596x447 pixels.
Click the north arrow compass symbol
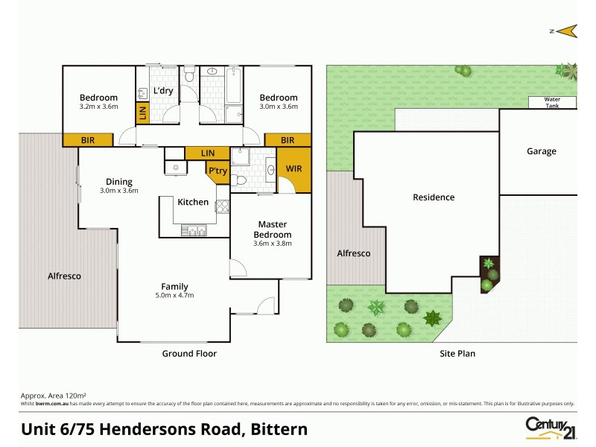[565, 31]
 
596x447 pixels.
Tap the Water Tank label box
[552, 103]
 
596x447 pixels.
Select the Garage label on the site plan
[541, 151]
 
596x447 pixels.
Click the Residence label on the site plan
[434, 197]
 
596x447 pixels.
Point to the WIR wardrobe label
[294, 169]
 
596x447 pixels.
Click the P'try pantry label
[218, 171]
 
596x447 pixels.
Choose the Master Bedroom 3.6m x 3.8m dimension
[273, 243]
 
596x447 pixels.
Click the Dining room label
[119, 182]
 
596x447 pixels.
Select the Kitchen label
[192, 202]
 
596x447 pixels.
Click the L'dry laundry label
[163, 91]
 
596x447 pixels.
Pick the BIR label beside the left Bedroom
[88, 140]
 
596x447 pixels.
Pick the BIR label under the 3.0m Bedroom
[287, 140]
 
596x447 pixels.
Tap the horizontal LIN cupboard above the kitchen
[207, 153]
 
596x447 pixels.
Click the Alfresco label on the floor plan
[65, 276]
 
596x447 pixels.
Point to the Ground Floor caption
[189, 354]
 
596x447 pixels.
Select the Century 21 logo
[552, 425]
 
